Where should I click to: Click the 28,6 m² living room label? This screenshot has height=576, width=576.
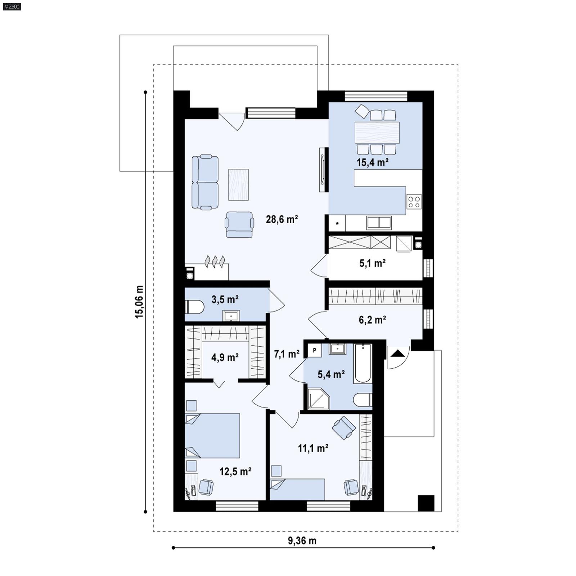point(282,219)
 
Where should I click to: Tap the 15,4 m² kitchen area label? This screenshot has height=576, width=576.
point(372,162)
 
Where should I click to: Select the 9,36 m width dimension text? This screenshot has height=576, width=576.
point(302,541)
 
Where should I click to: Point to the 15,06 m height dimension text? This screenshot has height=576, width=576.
point(139,302)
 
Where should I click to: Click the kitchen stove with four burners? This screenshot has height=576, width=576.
point(414,202)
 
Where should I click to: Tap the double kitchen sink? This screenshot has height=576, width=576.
point(379,222)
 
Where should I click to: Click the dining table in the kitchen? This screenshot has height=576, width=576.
point(377,132)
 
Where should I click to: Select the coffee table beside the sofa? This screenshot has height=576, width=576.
point(238,185)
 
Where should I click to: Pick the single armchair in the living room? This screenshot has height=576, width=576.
point(239,224)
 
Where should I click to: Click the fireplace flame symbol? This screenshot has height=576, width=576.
point(215,261)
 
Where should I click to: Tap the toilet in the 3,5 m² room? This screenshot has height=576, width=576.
point(194,307)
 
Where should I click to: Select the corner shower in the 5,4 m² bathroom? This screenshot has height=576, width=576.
point(318,399)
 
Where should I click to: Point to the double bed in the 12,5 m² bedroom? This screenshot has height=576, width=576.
point(212,436)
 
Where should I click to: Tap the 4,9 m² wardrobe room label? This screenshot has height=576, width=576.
point(225,357)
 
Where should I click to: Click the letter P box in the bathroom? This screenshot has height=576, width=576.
point(315,350)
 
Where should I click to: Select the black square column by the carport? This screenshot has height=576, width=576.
point(426,503)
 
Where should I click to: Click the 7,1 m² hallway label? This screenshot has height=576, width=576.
point(287,354)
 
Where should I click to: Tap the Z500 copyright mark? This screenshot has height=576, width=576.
point(12,6)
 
